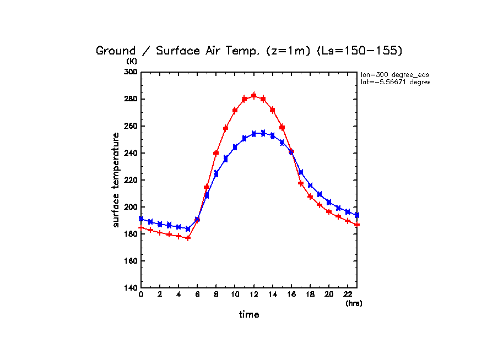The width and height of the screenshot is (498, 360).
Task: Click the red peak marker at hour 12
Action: [x=254, y=96]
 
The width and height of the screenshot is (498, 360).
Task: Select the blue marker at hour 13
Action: [x=263, y=133]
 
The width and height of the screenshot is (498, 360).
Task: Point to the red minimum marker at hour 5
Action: [x=188, y=238]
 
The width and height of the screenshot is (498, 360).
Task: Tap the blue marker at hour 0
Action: [x=141, y=219]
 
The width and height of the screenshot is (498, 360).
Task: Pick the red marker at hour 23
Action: [x=357, y=224]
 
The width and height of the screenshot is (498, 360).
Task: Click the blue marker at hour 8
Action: [x=216, y=173]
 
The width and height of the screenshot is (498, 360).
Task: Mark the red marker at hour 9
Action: [x=226, y=128]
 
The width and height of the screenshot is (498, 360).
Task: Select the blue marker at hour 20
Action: [x=329, y=202]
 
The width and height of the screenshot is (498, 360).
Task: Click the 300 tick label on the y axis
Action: [x=131, y=72]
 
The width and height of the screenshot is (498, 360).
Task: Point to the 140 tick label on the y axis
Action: [x=131, y=288]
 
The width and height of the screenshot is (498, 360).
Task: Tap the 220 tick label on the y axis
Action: [x=131, y=180]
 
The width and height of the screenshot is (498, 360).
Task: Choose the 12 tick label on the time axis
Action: [x=254, y=295]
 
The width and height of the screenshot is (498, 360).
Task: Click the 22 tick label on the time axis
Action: [x=348, y=295]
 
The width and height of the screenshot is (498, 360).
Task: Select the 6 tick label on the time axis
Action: [x=197, y=295]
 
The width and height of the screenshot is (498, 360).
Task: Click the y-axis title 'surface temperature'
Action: [x=116, y=179]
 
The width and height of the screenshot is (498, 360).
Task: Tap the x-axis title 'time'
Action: [x=249, y=315]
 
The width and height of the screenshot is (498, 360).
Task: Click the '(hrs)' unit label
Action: [x=354, y=303]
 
